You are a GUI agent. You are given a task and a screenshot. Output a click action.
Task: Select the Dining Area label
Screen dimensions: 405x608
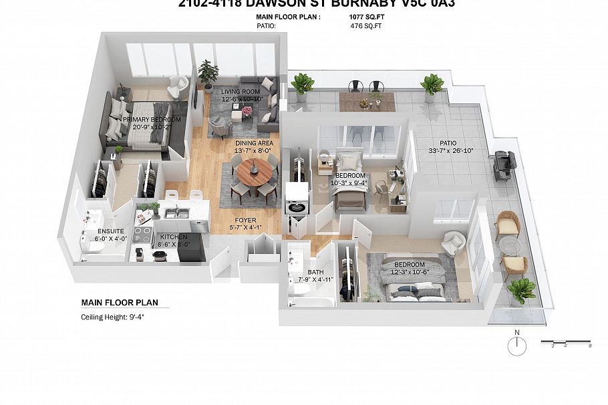(x=253, y=144)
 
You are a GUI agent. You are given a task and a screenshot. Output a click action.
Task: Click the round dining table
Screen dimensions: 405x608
(x=253, y=176)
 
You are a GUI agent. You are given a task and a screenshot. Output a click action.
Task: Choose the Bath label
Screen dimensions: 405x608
(x=315, y=272)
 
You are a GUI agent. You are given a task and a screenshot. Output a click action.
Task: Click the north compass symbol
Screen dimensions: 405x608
(x=516, y=346)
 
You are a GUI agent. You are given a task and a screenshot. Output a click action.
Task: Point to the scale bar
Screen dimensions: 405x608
(x=565, y=343)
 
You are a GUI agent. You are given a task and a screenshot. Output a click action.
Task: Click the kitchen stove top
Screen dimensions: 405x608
(x=144, y=234)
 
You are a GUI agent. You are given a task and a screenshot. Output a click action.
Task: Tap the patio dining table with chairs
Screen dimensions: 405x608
(x=367, y=100)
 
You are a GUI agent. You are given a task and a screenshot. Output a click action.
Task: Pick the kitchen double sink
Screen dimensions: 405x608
(x=176, y=214)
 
